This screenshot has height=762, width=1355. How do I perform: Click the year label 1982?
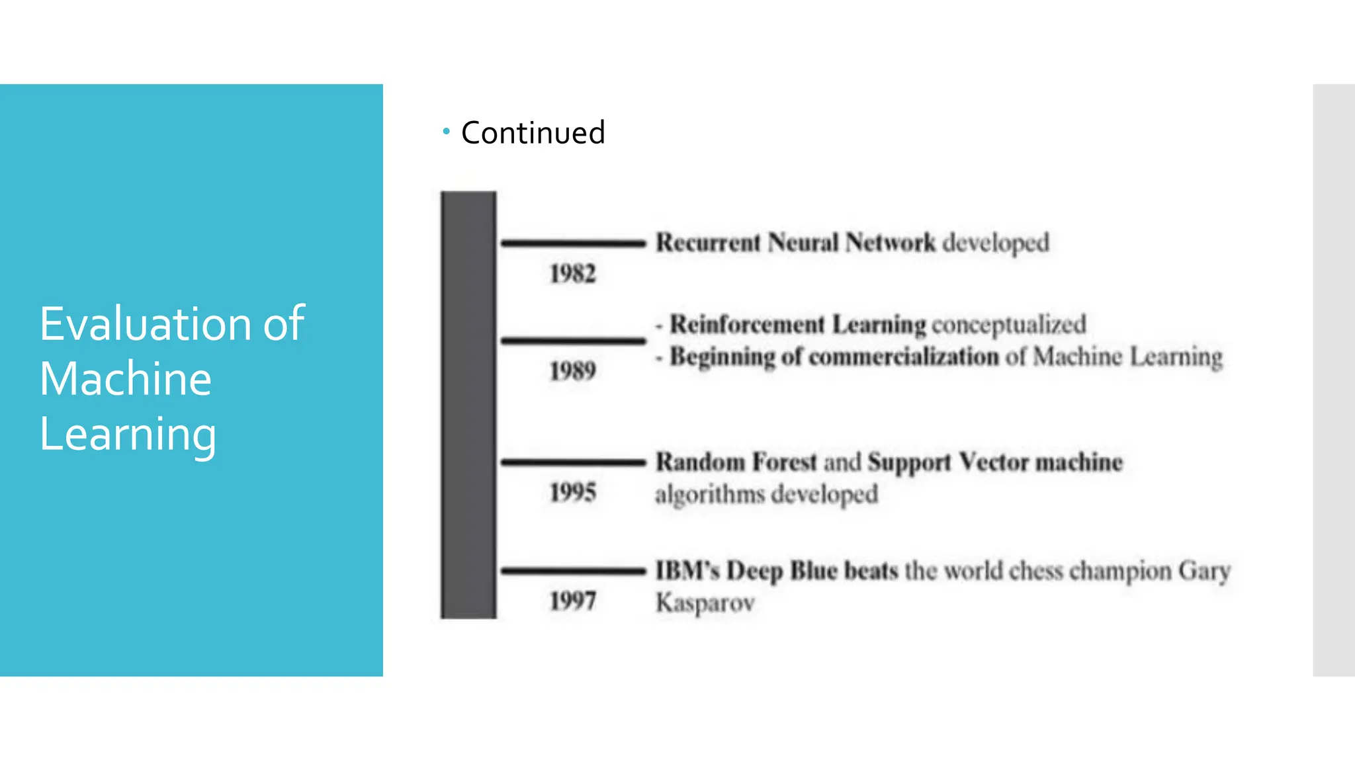[x=573, y=274]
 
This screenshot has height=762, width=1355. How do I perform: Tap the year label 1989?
[x=573, y=371]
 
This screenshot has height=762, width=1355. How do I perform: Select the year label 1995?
[x=573, y=492]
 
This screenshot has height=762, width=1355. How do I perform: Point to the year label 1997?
[x=573, y=601]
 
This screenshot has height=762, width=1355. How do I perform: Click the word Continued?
[x=533, y=133]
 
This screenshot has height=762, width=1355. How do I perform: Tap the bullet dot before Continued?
[x=447, y=132]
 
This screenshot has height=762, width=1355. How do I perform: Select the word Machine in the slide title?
[x=126, y=379]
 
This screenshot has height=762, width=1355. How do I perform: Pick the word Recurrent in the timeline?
[x=708, y=243]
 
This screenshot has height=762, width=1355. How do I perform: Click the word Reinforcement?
[x=747, y=325]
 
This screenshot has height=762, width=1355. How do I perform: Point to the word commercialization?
[x=904, y=357]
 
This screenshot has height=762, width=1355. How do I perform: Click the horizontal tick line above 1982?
[x=573, y=243]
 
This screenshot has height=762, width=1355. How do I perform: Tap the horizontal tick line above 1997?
[x=573, y=570]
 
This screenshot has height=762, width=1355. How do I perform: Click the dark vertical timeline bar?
[x=468, y=405]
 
